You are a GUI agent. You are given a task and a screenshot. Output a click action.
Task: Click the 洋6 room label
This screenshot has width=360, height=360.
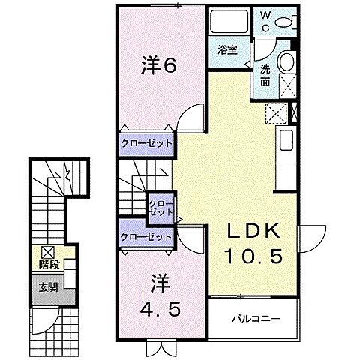[x=158, y=65]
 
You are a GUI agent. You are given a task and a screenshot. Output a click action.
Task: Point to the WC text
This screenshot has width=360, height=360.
[x=266, y=20]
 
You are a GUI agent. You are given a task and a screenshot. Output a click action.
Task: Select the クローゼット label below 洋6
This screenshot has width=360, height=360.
[x=147, y=142]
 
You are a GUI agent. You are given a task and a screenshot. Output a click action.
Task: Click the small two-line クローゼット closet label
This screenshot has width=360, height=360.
[x=158, y=208]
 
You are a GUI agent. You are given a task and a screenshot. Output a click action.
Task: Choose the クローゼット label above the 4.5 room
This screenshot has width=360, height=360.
[x=145, y=237]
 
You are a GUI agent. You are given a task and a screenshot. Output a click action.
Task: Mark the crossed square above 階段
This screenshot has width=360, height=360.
[x=48, y=252]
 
